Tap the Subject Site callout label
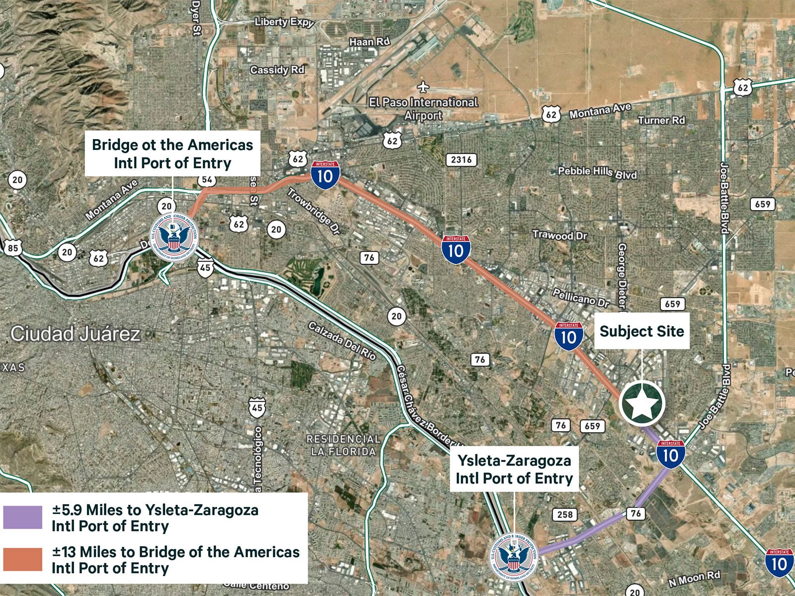click(641, 331)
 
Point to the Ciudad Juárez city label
click(76, 334)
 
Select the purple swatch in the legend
click(23, 518)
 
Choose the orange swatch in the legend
click(23, 560)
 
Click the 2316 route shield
click(462, 159)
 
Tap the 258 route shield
click(565, 515)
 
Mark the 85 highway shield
click(13, 248)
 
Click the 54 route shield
click(206, 180)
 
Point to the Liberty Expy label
click(284, 22)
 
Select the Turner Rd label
click(661, 120)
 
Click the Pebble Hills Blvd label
click(597, 172)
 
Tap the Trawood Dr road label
click(560, 235)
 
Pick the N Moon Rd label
click(694, 578)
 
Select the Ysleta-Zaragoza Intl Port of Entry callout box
click(514, 469)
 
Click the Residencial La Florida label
click(343, 446)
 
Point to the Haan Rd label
click(370, 42)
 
